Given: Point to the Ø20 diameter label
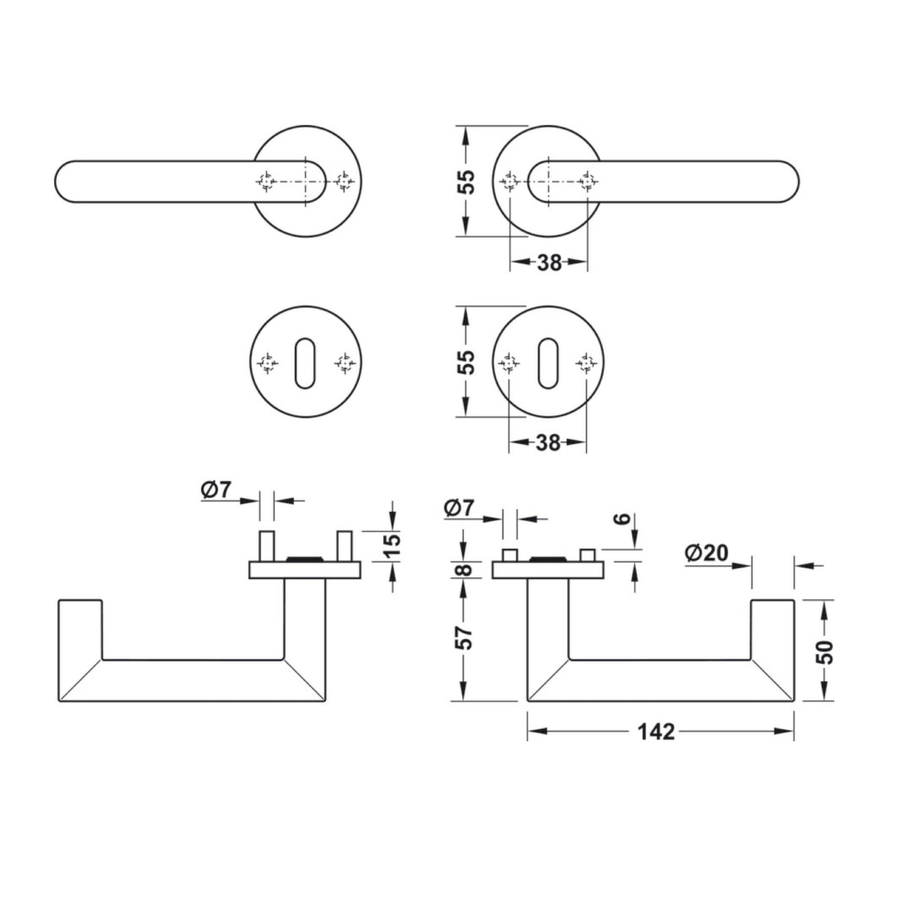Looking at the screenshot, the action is (707, 553).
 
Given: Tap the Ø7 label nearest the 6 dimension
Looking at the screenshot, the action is (459, 508).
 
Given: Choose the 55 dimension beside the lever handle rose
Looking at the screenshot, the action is (466, 181).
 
